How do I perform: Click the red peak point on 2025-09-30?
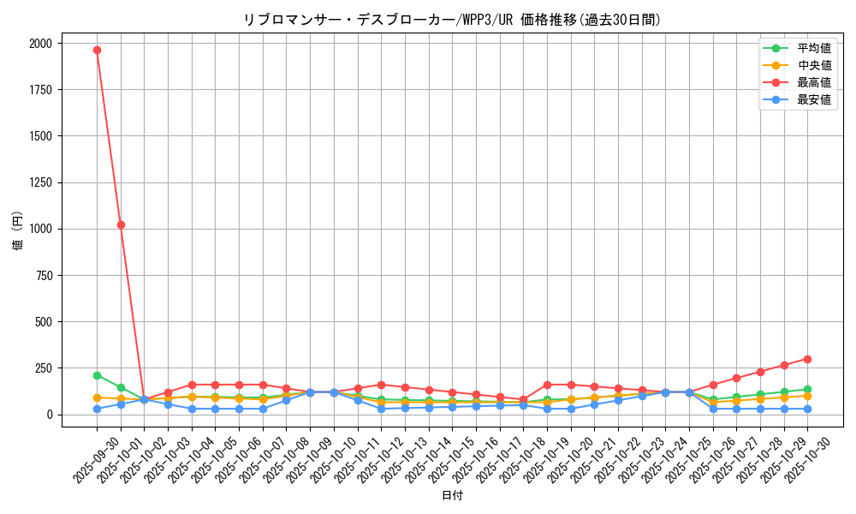click(97, 50)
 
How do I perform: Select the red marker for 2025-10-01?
click(121, 224)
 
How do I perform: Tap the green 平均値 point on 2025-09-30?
click(97, 375)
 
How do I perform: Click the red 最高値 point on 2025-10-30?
click(807, 359)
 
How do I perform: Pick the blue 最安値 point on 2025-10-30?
click(807, 409)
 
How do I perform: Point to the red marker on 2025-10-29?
click(783, 365)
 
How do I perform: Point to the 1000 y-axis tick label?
click(40, 229)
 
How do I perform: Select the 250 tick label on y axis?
click(43, 368)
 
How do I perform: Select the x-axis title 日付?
click(452, 496)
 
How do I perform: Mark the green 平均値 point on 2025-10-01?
click(121, 387)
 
